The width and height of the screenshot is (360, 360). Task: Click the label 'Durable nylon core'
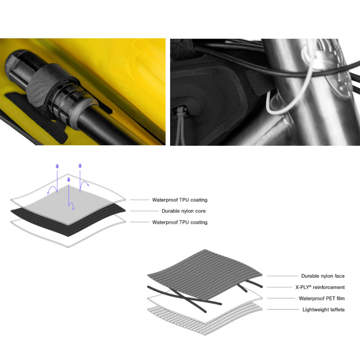click(x=184, y=211)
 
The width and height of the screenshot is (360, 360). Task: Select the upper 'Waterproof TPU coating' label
click(x=180, y=200)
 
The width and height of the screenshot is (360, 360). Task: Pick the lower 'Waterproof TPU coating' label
click(x=180, y=222)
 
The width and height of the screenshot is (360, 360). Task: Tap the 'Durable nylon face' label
click(x=323, y=276)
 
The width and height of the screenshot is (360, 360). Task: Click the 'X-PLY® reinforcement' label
click(x=320, y=287)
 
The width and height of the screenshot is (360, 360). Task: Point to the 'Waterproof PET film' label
click(x=322, y=298)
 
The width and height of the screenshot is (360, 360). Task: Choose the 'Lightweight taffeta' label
click(x=324, y=310)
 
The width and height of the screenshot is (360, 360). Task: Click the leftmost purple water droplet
click(x=57, y=166)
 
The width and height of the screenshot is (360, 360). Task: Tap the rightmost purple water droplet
click(x=80, y=166)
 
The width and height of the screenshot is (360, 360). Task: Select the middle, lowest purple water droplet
click(x=68, y=179)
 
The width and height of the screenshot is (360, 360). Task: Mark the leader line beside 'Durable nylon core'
click(x=144, y=211)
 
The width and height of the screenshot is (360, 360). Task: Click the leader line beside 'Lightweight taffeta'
click(x=283, y=310)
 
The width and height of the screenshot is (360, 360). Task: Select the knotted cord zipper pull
click(x=181, y=124)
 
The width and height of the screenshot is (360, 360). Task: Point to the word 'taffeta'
click(x=337, y=310)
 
